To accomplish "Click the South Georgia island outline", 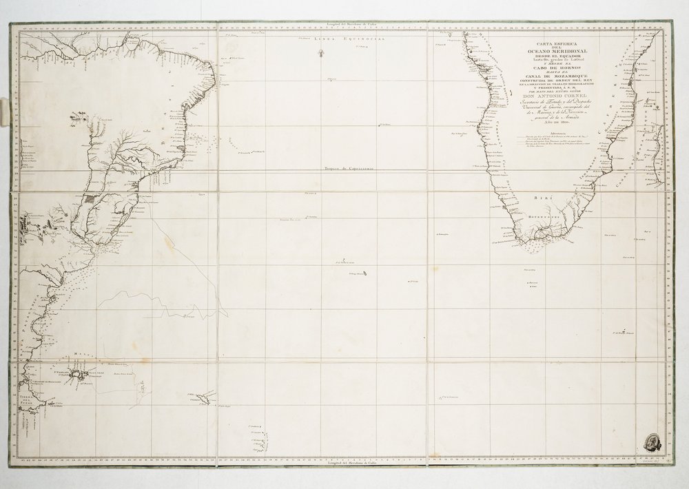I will tap(205, 397).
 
